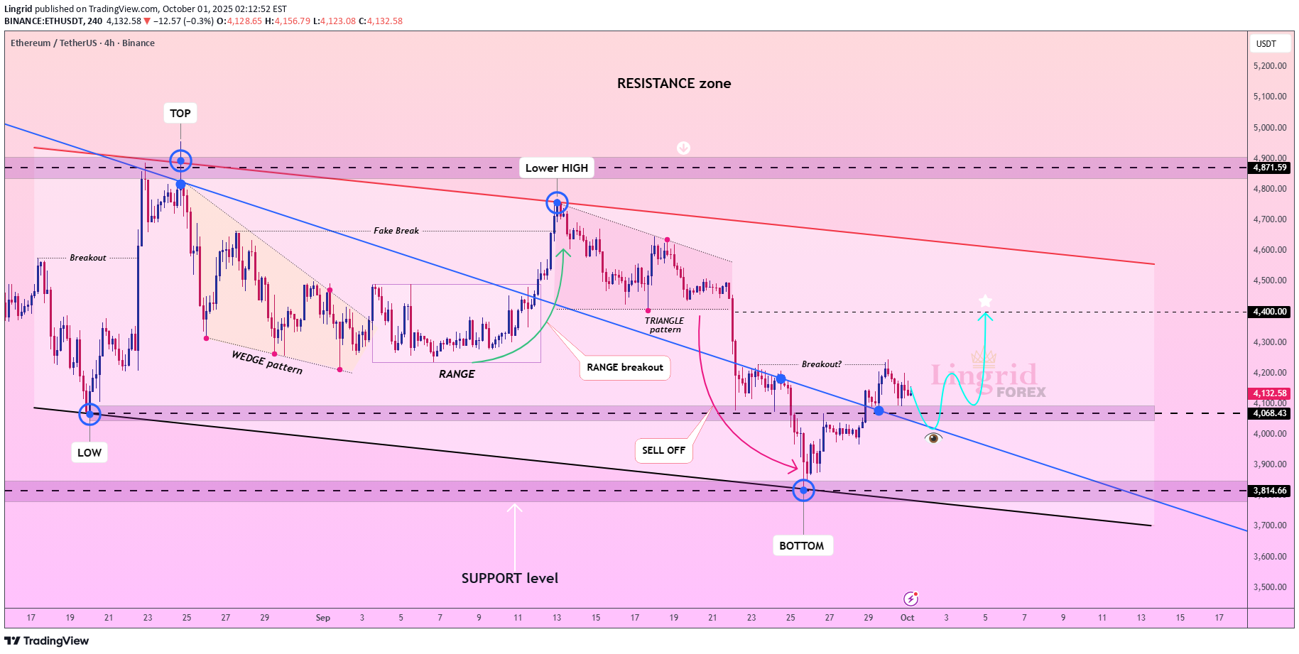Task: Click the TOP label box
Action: pos(180,114)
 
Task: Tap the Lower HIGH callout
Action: pos(557,168)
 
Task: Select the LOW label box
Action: pos(89,452)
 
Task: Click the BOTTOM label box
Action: pos(802,545)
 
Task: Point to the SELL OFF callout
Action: pos(663,450)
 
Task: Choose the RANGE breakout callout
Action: pos(625,367)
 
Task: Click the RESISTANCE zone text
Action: pos(674,83)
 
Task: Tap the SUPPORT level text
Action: pos(510,578)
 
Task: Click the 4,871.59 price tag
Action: pos(1270,168)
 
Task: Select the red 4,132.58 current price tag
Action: pos(1270,393)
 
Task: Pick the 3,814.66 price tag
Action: pos(1270,491)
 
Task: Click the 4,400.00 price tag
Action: pos(1270,312)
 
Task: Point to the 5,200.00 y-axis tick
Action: pos(1270,66)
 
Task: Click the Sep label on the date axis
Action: pos(323,618)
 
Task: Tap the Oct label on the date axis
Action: pos(907,618)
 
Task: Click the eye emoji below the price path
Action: pos(933,438)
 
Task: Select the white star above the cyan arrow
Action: pos(985,301)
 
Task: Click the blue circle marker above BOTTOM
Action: pos(803,490)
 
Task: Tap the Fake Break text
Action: pos(396,231)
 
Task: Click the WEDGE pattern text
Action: pos(267,362)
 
